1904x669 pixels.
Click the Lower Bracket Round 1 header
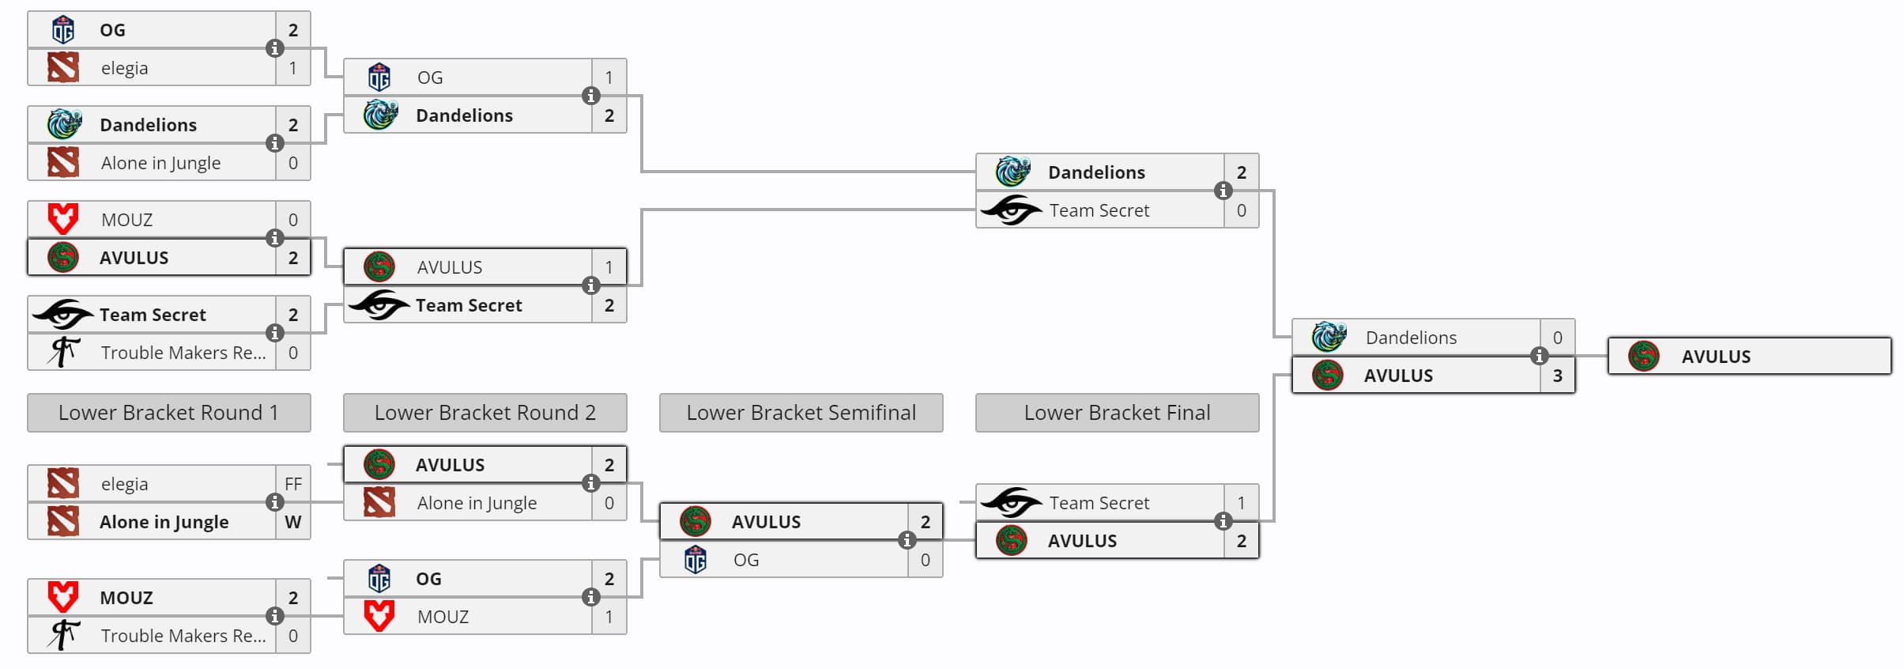(x=168, y=413)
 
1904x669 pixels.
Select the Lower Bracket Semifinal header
(x=801, y=413)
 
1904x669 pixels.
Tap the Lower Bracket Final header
(x=1117, y=413)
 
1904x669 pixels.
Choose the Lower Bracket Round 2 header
(x=484, y=413)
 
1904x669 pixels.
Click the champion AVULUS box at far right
(x=1749, y=357)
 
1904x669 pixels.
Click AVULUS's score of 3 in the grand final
(x=1557, y=376)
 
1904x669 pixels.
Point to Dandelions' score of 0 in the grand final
(x=1557, y=338)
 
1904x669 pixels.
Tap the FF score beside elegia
(x=293, y=484)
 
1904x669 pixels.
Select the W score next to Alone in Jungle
(x=293, y=522)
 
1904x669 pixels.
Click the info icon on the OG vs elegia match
(x=274, y=48)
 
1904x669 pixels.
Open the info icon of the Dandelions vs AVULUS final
(x=1539, y=356)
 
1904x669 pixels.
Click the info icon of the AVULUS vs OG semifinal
(x=907, y=540)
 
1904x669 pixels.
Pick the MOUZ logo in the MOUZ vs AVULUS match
(x=63, y=219)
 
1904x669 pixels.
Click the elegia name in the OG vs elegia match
(x=125, y=68)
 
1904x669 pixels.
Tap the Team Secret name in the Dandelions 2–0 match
(x=1099, y=210)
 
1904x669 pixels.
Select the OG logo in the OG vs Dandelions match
(x=379, y=77)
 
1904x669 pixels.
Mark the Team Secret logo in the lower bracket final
(x=1011, y=503)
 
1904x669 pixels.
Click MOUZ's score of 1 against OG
(x=609, y=617)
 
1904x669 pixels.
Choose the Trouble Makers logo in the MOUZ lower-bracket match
(x=63, y=635)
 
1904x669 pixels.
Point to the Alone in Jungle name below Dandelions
(x=160, y=163)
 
